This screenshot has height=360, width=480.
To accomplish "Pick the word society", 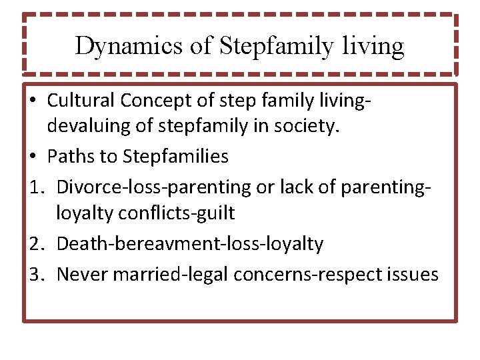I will pyautogui.click(x=311, y=127).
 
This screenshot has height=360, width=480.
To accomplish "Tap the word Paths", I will pyautogui.click(x=66, y=157).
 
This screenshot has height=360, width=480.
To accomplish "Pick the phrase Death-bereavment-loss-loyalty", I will pyautogui.click(x=189, y=244).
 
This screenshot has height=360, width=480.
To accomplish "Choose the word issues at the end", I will pyautogui.click(x=416, y=274).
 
